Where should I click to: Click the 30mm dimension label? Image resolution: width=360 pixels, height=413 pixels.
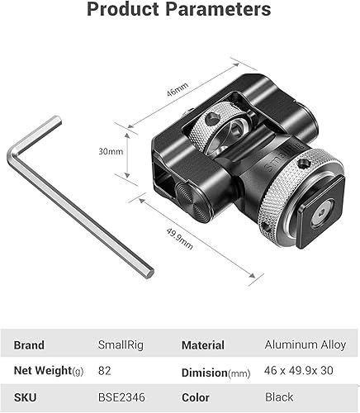[110, 151]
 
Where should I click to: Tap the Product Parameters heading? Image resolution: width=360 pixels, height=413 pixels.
[179, 11]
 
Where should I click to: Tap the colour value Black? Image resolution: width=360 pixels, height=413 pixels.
[279, 397]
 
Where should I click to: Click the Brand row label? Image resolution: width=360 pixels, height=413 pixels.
[30, 344]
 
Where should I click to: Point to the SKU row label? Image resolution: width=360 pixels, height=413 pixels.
[26, 397]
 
